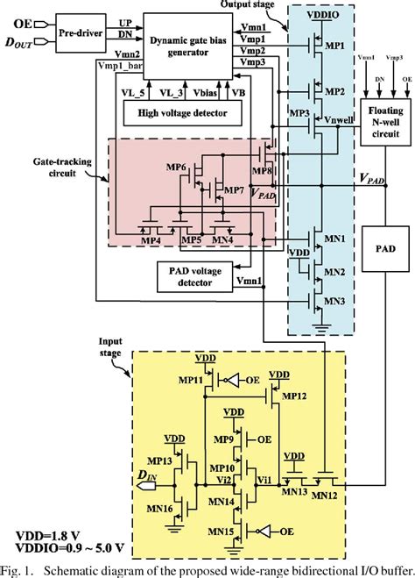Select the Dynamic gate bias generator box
180,43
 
